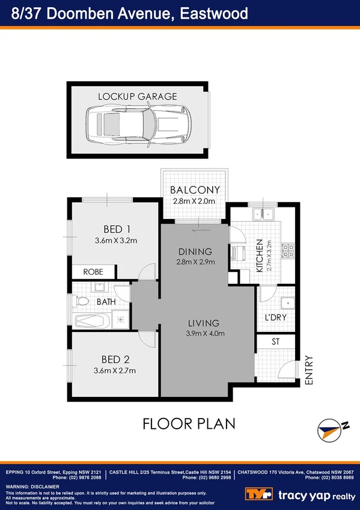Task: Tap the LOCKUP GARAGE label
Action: (138, 96)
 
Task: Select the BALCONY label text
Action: (195, 190)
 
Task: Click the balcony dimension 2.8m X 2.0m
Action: (195, 201)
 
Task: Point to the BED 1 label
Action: (117, 229)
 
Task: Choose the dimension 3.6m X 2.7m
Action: (115, 370)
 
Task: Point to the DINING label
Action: (195, 251)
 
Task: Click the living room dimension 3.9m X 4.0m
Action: (203, 334)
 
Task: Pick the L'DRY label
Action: (275, 318)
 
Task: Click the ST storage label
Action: (276, 342)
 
